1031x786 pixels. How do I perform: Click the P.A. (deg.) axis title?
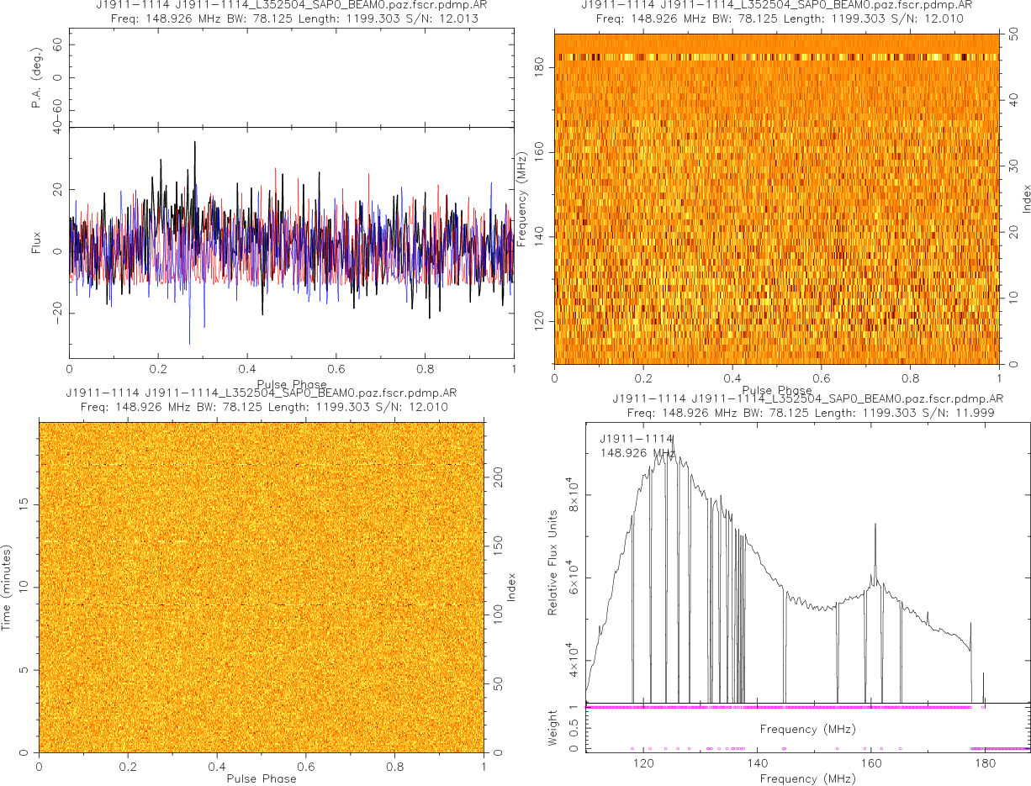tap(37, 78)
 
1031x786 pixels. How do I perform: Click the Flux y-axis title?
tap(37, 245)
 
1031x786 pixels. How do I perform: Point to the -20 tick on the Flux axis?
tap(58, 313)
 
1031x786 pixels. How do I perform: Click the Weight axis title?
tap(553, 727)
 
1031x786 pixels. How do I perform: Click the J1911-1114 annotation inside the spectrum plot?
tap(637, 439)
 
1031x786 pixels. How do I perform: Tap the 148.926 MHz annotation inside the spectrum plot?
tap(637, 453)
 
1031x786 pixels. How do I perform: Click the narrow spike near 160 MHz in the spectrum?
tap(875, 525)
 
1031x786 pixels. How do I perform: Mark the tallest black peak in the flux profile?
tap(195, 143)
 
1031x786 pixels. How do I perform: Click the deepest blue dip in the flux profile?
tap(189, 342)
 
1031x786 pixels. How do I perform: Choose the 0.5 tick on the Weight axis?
tap(576, 728)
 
